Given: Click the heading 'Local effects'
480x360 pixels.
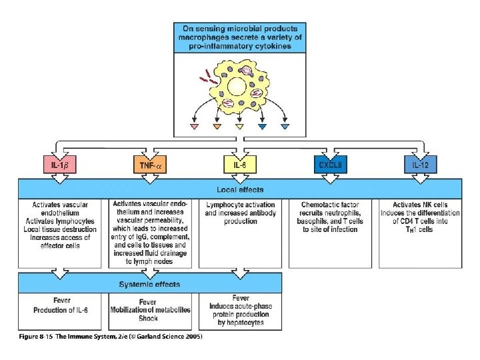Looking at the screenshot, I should pyautogui.click(x=239, y=187).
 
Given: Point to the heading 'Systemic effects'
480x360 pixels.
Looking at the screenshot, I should pyautogui.click(x=149, y=285).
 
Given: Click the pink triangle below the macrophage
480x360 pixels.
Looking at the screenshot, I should pyautogui.click(x=195, y=127).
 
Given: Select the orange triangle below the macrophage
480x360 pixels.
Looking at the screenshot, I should pyautogui.click(x=217, y=127).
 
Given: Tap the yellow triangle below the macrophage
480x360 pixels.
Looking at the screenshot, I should pyautogui.click(x=239, y=127).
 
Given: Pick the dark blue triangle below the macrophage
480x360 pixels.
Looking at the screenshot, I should pyautogui.click(x=263, y=127).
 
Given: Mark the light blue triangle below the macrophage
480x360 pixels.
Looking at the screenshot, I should pyautogui.click(x=285, y=127).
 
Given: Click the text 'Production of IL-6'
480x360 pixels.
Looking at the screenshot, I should pyautogui.click(x=61, y=310).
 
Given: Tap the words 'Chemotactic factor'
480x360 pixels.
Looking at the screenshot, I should pyautogui.click(x=330, y=204).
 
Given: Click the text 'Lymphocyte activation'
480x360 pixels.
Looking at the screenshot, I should pyautogui.click(x=239, y=204).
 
